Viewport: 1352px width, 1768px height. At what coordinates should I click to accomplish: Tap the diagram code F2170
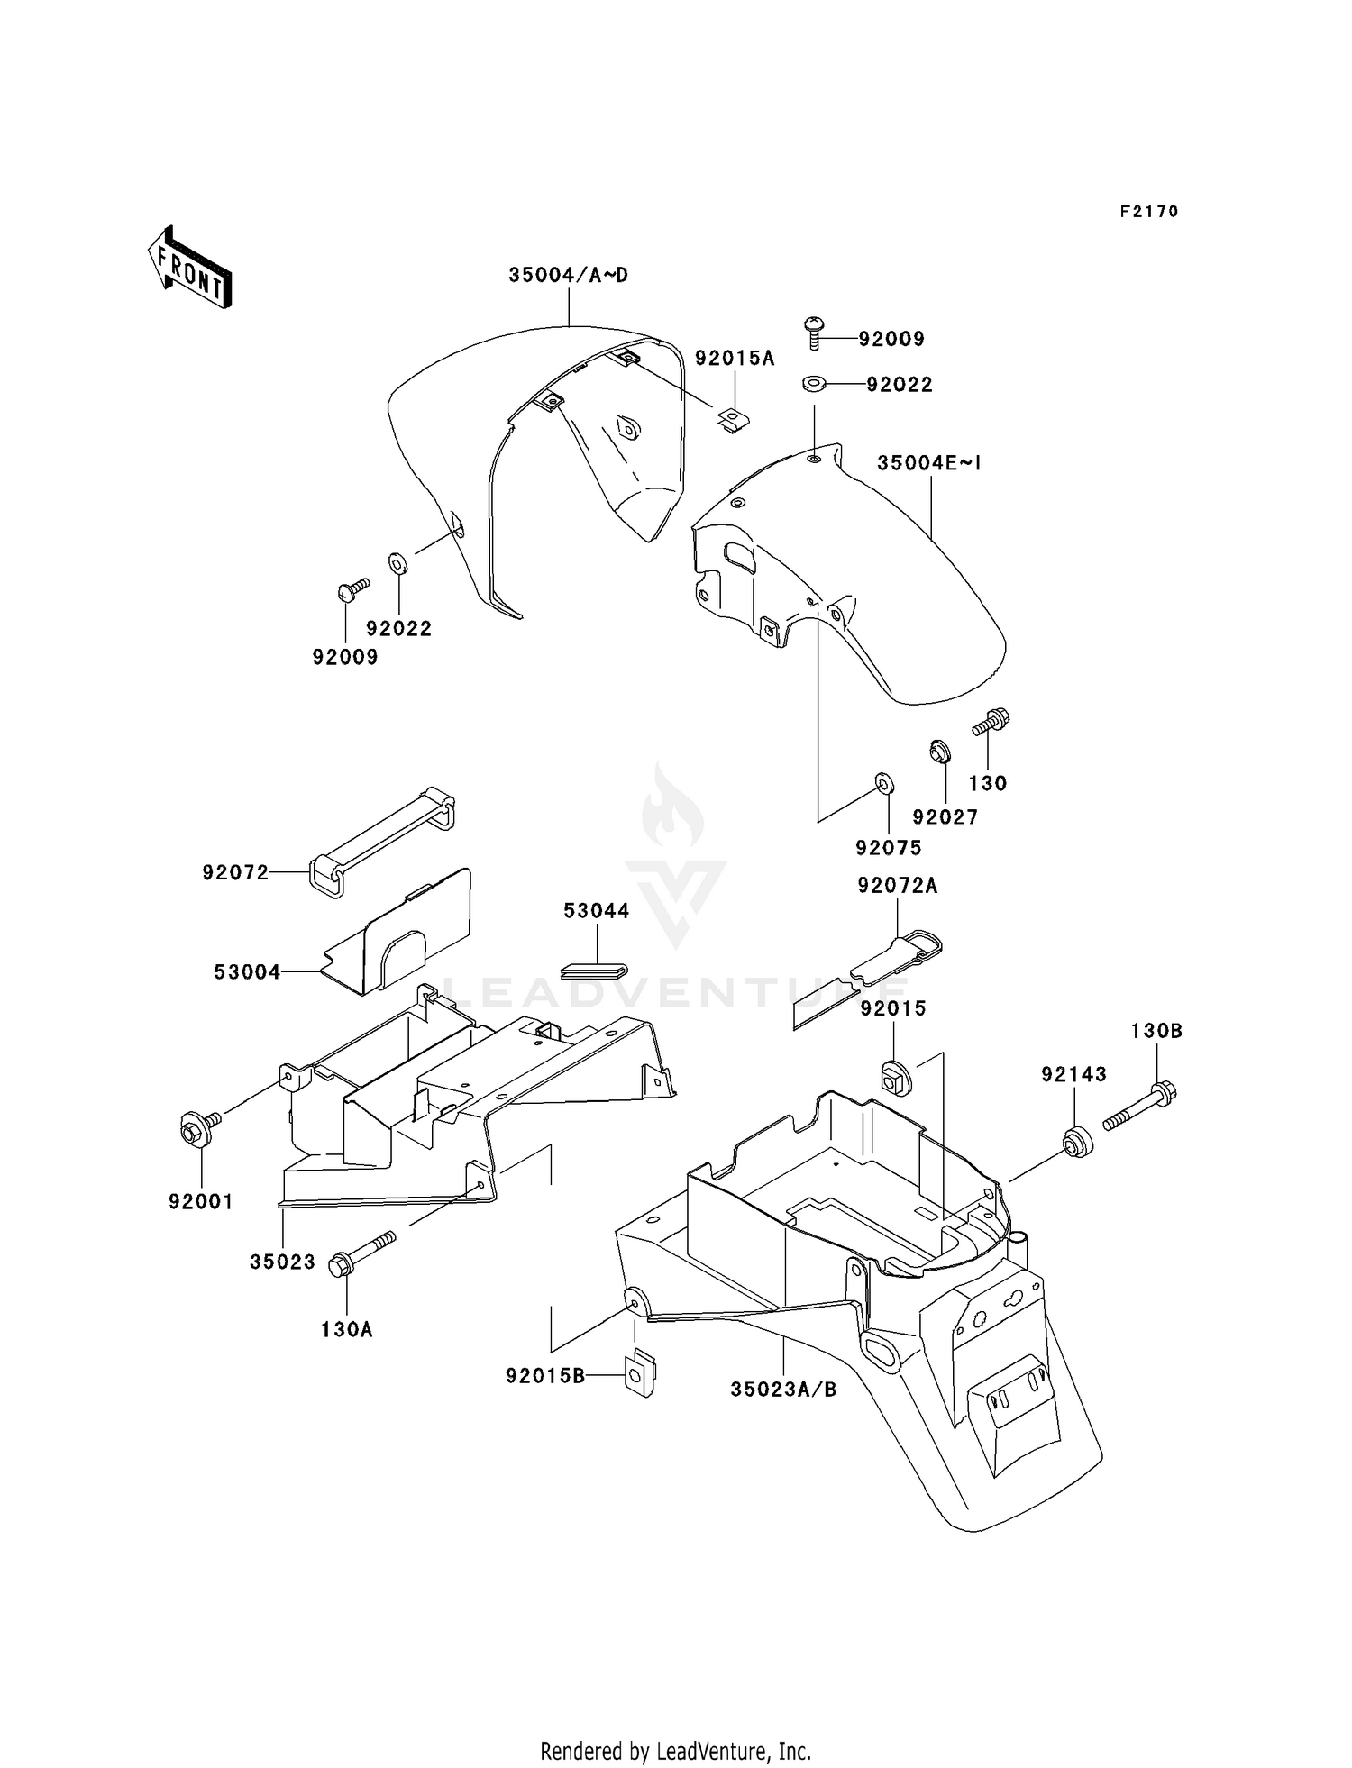pos(1149,212)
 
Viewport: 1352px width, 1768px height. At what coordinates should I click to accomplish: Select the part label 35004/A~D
pos(568,275)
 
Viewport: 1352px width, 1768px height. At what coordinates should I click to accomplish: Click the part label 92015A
pos(735,358)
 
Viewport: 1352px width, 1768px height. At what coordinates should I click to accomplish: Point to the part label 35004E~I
pos(928,463)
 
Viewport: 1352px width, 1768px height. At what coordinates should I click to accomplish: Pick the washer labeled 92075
pos(883,783)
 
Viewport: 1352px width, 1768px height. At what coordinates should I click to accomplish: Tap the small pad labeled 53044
pos(594,970)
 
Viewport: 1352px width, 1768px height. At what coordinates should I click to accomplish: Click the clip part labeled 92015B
pos(642,1373)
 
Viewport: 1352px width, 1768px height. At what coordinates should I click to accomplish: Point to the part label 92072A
pos(898,886)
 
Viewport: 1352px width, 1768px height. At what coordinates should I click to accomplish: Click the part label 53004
pos(247,972)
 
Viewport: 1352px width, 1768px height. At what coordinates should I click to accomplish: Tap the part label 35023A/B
pos(783,1390)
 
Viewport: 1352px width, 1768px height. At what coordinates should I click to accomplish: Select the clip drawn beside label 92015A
pos(735,420)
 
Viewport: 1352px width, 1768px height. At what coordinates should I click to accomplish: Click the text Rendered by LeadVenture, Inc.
pos(676,1726)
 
